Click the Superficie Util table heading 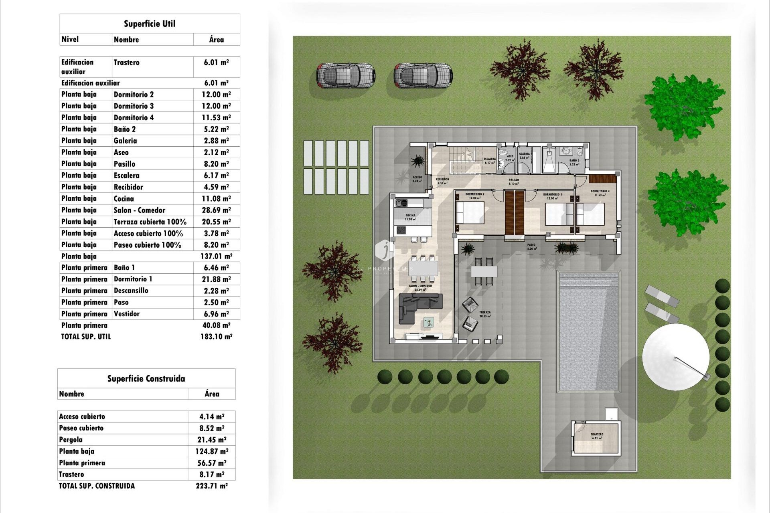(x=150, y=24)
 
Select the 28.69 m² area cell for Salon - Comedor (x=216, y=210)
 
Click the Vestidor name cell (x=127, y=314)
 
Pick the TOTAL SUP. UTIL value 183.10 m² (x=216, y=337)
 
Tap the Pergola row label (x=71, y=440)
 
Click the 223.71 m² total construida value (x=212, y=486)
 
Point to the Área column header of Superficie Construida (x=212, y=394)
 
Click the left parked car (x=345, y=75)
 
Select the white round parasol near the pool (x=676, y=357)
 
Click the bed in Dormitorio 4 (x=590, y=214)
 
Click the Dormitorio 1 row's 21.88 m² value (x=216, y=279)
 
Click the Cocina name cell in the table (x=124, y=199)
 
